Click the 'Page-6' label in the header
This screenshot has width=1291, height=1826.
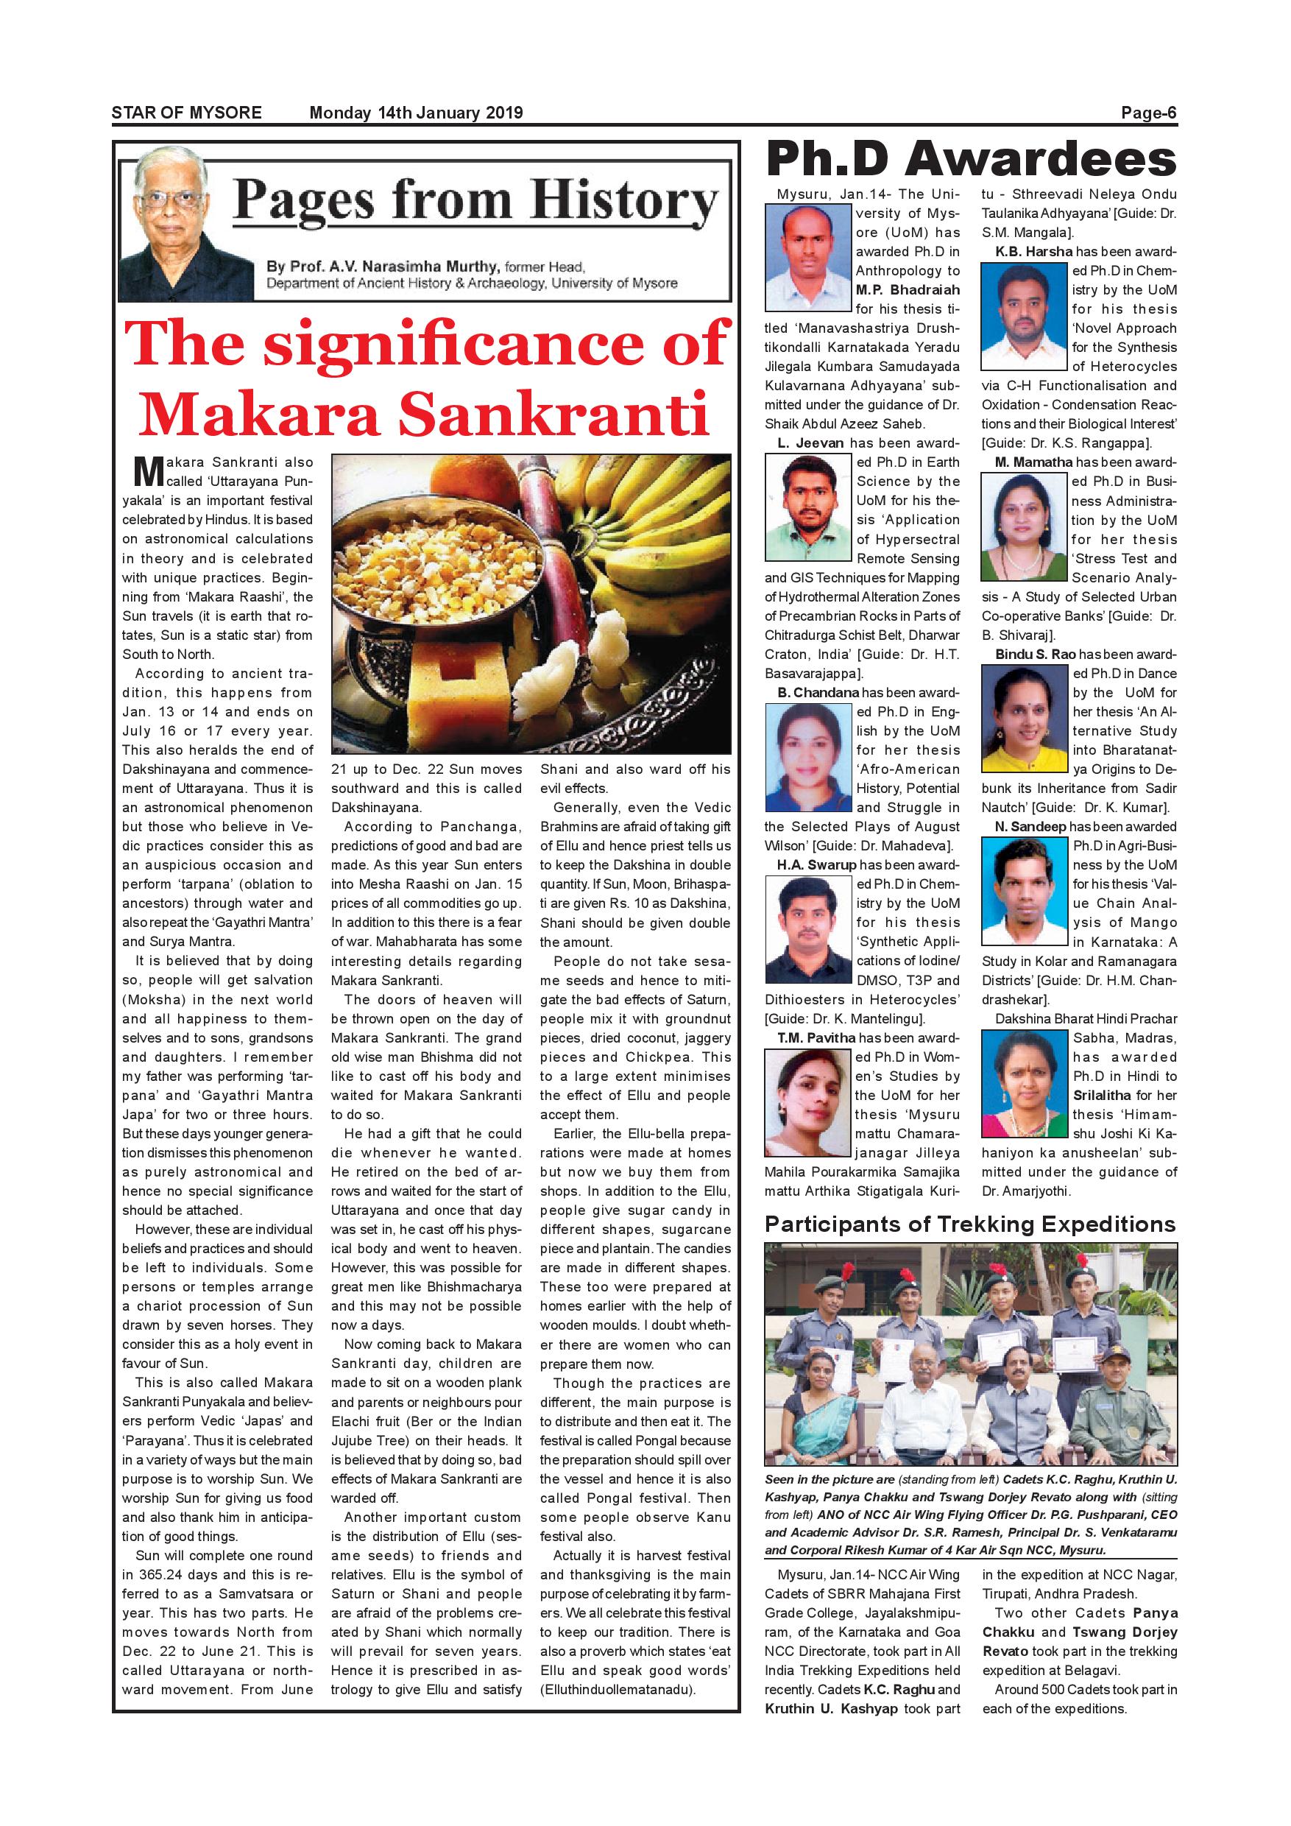(1148, 113)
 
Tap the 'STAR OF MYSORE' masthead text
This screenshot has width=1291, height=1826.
(187, 113)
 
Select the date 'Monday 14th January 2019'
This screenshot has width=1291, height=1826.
(416, 113)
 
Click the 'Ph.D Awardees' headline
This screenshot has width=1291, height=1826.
(971, 159)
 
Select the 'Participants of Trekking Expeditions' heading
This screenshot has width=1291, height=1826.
(970, 1224)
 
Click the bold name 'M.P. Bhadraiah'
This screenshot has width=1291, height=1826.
(907, 290)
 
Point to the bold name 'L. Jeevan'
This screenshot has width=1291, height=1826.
(810, 443)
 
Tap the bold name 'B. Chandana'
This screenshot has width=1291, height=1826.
(818, 693)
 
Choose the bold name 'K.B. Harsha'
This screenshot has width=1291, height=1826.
(1033, 252)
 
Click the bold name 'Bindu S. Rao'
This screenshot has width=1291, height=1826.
(1035, 655)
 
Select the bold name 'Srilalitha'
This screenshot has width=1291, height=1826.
(1102, 1095)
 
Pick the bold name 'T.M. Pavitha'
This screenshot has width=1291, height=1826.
(816, 1038)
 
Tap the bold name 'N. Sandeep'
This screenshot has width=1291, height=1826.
(1030, 827)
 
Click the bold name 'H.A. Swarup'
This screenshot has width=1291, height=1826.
(816, 864)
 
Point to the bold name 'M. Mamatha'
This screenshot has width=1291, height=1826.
(1033, 462)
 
